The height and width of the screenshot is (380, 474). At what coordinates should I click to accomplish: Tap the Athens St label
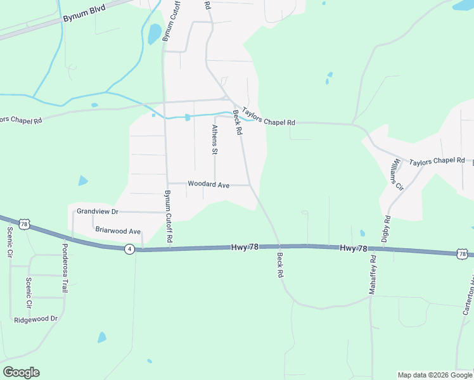pos(214,139)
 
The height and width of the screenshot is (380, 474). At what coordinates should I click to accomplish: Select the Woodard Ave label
pos(208,184)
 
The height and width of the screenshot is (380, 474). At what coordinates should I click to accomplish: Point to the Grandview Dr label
pos(98,211)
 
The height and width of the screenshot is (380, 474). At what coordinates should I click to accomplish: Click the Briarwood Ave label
pos(117,232)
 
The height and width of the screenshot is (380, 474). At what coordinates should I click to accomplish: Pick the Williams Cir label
pos(397,174)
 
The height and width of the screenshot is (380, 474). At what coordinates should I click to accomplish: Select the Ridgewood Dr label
pos(35,320)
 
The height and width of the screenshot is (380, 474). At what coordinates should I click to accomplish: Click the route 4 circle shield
pos(129,249)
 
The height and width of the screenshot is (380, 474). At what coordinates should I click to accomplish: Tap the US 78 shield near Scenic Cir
pos(24,224)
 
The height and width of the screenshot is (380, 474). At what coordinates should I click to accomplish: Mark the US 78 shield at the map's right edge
pos(462,254)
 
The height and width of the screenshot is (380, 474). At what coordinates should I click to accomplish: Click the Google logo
pos(21,372)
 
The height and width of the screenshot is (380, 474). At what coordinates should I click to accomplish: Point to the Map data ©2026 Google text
pos(435,375)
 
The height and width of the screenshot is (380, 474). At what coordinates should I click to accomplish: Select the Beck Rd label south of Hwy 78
pos(279,266)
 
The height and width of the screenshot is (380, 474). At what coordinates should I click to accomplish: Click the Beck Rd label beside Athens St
pos(238,122)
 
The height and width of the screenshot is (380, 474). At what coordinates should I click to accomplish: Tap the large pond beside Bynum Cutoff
pos(155,34)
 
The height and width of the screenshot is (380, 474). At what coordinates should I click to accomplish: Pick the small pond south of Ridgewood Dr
pos(101,337)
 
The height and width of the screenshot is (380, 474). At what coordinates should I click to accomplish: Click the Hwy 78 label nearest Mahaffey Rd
pos(353,248)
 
